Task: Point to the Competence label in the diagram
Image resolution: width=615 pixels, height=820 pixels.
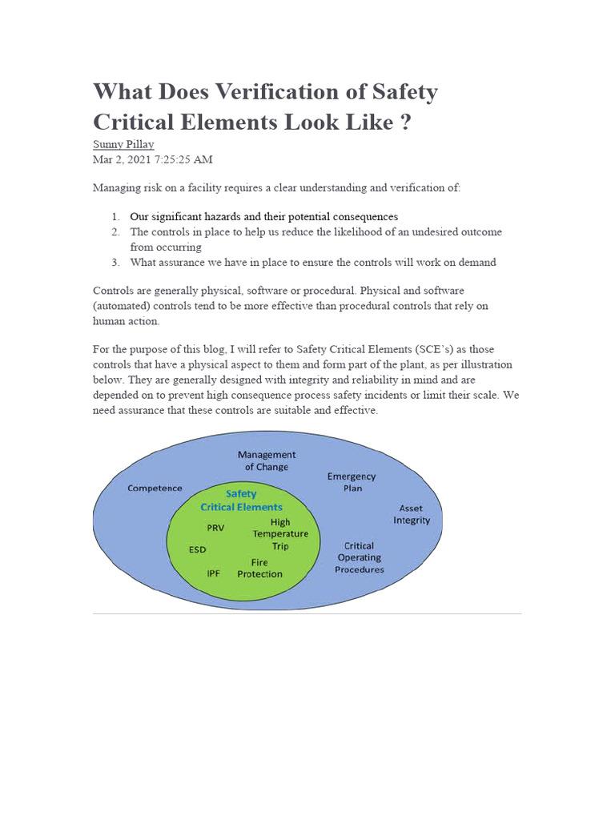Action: (x=155, y=488)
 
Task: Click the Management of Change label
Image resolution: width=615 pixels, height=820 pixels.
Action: (x=267, y=460)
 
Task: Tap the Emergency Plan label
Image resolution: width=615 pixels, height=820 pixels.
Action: (x=351, y=482)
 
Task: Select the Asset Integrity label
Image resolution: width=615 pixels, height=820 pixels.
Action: (x=412, y=514)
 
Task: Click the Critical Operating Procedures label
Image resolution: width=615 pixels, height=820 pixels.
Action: (x=360, y=557)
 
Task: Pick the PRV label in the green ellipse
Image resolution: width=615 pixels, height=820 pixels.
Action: (x=215, y=528)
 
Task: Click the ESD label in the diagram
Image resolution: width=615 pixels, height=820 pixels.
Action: (x=198, y=550)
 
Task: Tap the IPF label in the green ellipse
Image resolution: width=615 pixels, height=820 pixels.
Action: (x=214, y=573)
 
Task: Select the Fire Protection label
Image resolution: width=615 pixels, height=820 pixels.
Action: (x=260, y=568)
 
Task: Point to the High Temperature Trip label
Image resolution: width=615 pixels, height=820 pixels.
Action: (x=280, y=534)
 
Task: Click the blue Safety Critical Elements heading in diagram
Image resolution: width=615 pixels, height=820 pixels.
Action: (x=241, y=500)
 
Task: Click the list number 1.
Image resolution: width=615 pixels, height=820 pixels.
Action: (x=115, y=217)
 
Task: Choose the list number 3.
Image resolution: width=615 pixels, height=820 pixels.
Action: (x=115, y=262)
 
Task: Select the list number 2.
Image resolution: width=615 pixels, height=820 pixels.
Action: (x=115, y=232)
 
